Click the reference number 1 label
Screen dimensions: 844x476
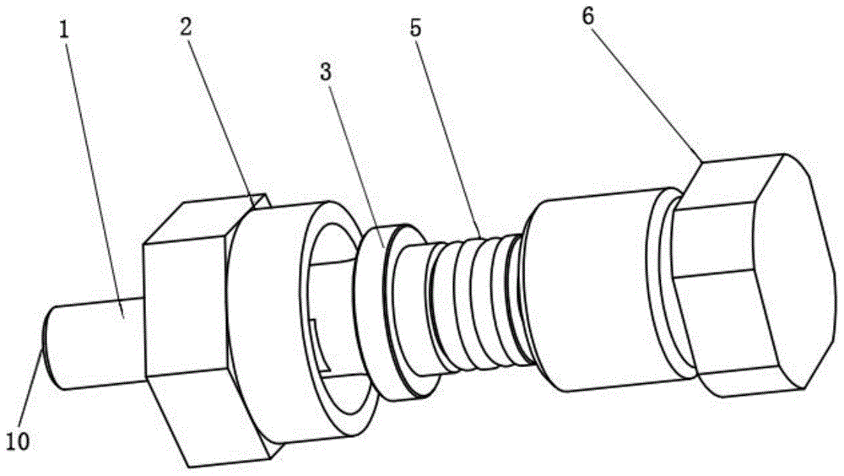[65, 30]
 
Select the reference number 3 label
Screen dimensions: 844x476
[325, 73]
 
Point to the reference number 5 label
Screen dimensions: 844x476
[415, 28]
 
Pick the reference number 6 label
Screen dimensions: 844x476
[587, 17]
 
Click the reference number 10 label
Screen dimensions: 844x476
[18, 441]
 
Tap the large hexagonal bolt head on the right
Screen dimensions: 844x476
[754, 274]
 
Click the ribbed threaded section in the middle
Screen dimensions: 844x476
[473, 301]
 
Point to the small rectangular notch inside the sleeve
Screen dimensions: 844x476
[322, 346]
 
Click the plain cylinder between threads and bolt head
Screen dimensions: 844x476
[587, 291]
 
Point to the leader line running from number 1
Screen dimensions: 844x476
[95, 178]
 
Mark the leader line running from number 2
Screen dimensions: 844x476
[220, 118]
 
